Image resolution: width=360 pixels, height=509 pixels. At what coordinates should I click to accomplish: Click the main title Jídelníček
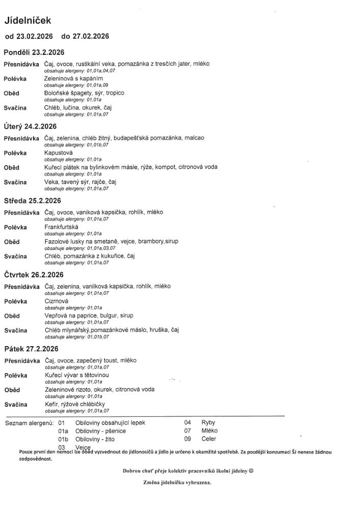pyautogui.click(x=27, y=20)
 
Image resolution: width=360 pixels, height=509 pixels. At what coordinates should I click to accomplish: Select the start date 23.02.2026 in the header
pyautogui.click(x=35, y=37)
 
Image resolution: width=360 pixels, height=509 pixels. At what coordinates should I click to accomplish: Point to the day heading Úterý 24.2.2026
pyautogui.click(x=30, y=126)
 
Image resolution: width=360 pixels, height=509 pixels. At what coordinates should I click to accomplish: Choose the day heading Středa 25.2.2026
pyautogui.click(x=32, y=201)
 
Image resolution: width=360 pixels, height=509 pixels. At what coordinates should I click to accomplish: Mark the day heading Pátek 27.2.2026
pyautogui.click(x=31, y=349)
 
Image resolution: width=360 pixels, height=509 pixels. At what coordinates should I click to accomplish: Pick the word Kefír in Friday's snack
pyautogui.click(x=52, y=404)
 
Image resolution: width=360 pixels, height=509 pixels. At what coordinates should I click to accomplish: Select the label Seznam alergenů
pyautogui.click(x=29, y=423)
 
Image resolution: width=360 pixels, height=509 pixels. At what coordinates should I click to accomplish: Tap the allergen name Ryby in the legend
pyautogui.click(x=208, y=423)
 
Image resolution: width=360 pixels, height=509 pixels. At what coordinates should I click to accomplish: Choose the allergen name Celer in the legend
pyautogui.click(x=209, y=439)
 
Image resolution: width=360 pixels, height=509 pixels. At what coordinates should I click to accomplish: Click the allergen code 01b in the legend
pyautogui.click(x=63, y=439)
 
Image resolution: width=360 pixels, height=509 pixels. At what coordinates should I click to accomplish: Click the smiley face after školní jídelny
pyautogui.click(x=251, y=471)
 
